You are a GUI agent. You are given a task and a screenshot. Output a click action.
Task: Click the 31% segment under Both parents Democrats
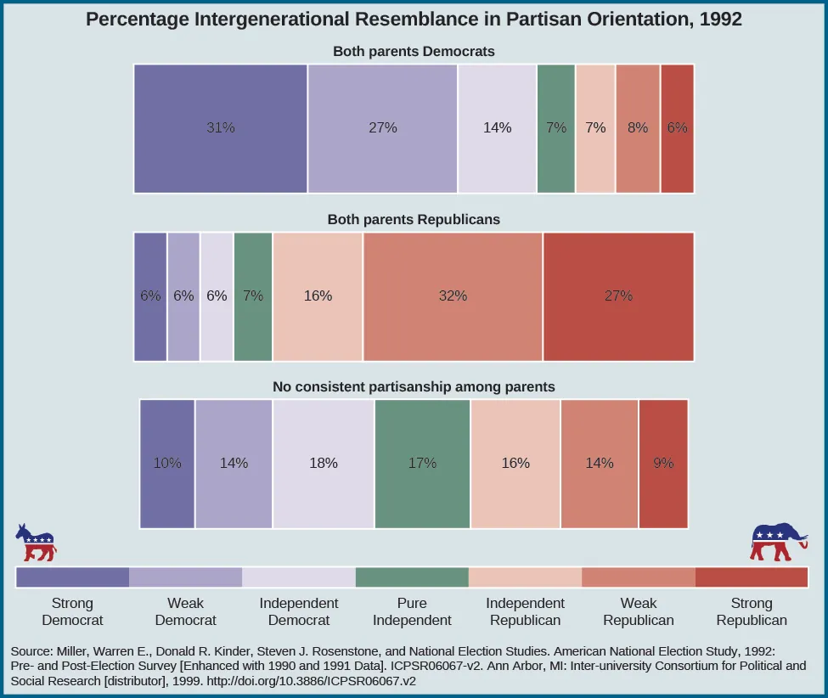click(x=221, y=128)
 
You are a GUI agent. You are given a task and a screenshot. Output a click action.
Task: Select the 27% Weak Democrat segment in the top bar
click(x=382, y=128)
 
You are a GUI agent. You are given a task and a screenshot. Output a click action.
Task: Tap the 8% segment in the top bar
click(x=637, y=128)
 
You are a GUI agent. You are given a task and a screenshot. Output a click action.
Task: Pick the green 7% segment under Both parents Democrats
click(x=556, y=128)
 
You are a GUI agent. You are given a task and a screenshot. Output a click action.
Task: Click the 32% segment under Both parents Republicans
click(x=453, y=296)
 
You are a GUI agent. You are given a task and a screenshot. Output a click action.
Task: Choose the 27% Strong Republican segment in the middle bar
click(x=618, y=296)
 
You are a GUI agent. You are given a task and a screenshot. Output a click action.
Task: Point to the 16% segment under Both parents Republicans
click(x=318, y=296)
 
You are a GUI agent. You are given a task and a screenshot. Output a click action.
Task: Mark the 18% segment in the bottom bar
click(x=324, y=464)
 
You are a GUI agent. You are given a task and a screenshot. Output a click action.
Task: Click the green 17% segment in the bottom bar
click(x=422, y=464)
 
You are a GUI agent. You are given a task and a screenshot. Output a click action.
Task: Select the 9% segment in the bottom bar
click(x=663, y=464)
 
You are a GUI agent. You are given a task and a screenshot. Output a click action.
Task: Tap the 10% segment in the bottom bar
click(x=167, y=464)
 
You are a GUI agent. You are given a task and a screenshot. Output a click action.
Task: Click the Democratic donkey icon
click(x=36, y=543)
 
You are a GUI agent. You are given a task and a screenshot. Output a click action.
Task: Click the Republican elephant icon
click(x=777, y=543)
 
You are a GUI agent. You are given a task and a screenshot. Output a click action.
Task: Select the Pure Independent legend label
click(x=412, y=611)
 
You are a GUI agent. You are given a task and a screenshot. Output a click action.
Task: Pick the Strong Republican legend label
click(x=752, y=611)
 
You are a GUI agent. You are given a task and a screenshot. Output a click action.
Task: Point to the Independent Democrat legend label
click(x=299, y=611)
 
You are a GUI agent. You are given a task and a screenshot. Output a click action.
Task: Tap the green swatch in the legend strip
click(x=412, y=577)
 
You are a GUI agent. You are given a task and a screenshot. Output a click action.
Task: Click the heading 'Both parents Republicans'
click(x=414, y=219)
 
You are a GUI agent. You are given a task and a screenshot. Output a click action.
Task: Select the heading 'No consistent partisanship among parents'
click(x=414, y=386)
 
